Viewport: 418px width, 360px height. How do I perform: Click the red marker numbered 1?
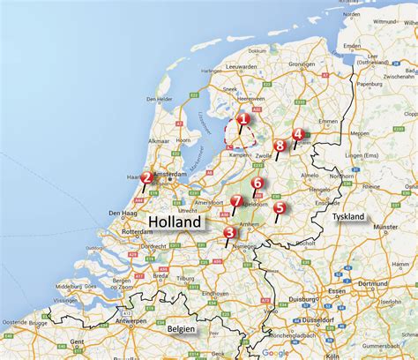(x=243, y=118)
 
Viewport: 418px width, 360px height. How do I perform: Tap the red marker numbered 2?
(x=146, y=177)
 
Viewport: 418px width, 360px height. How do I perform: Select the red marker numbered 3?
(x=229, y=233)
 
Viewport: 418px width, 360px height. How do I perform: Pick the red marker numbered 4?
(x=298, y=134)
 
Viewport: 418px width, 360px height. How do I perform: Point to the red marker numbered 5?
(x=280, y=208)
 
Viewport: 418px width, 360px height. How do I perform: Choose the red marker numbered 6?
(x=257, y=184)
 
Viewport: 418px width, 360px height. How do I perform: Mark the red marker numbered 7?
(x=236, y=202)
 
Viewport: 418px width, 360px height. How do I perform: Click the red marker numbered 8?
(x=280, y=146)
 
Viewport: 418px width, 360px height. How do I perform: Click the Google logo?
(x=275, y=352)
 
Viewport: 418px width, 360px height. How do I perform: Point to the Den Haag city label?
(x=121, y=214)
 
